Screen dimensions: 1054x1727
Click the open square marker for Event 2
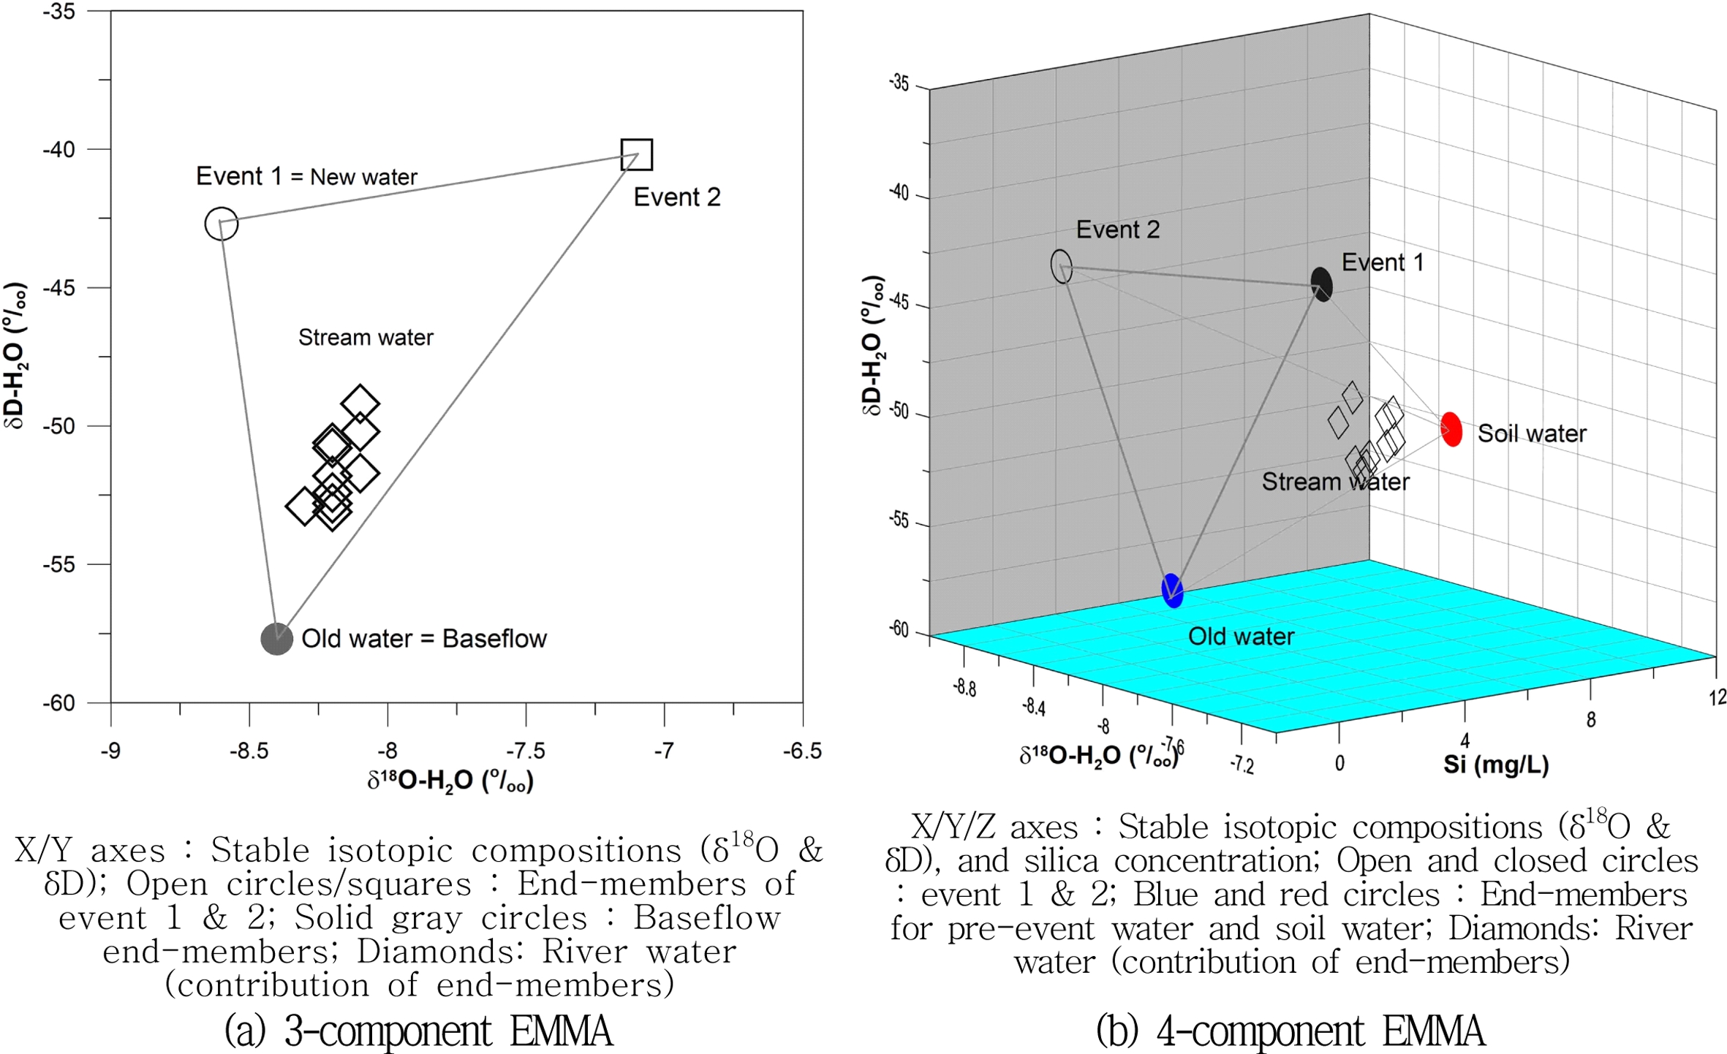(x=636, y=154)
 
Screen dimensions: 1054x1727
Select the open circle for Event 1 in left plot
(x=221, y=223)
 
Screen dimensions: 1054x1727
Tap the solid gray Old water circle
(x=276, y=638)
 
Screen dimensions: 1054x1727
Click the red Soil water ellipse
(x=1451, y=429)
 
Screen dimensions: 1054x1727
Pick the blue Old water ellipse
(x=1172, y=591)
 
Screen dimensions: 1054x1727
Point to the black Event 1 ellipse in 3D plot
(x=1321, y=284)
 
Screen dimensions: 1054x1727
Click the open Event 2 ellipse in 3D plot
(x=1061, y=266)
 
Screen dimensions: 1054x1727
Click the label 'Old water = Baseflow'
(x=423, y=638)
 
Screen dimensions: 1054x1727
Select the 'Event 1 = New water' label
(x=306, y=176)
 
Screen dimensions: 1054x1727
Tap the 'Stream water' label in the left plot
(x=365, y=337)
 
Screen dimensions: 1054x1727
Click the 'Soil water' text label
(x=1532, y=433)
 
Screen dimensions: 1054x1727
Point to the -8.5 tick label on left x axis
(x=249, y=751)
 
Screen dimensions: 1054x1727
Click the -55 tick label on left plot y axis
(x=58, y=564)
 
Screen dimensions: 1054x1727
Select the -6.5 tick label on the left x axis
(x=802, y=751)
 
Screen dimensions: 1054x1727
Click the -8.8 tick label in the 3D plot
(x=964, y=687)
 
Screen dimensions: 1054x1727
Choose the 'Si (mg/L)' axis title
(x=1495, y=765)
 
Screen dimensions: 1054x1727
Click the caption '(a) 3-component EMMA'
(x=418, y=1031)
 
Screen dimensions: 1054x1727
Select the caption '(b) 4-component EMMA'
(x=1290, y=1031)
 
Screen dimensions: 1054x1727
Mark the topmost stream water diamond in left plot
(x=360, y=403)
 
